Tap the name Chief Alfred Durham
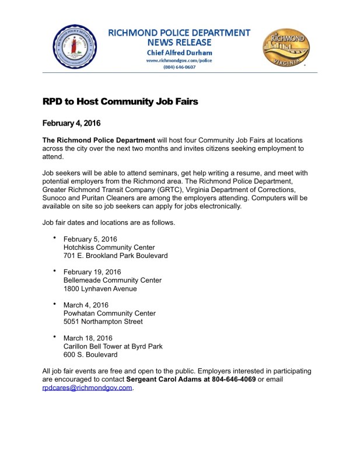(179, 53)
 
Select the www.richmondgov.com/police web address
(179, 60)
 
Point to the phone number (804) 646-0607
(179, 67)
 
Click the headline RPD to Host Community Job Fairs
(120, 102)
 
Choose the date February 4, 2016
(72, 123)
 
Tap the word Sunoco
(56, 198)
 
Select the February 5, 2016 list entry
(90, 239)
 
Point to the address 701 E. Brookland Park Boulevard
(116, 256)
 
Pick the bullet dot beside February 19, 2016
(54, 271)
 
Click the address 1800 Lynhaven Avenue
(100, 288)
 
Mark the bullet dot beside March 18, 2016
(54, 336)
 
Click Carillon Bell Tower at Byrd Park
(113, 346)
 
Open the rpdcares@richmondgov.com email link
(88, 388)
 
